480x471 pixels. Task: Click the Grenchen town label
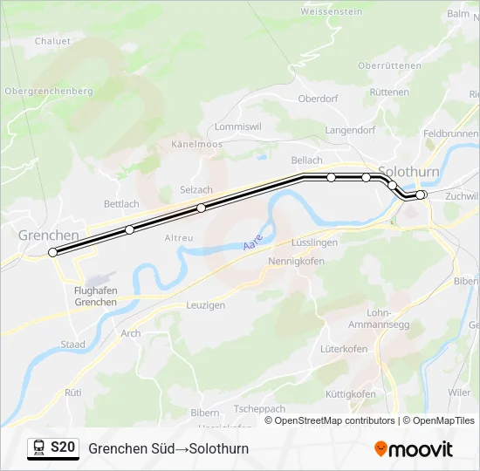(48, 235)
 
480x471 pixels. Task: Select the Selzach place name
(195, 190)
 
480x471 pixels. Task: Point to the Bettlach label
(121, 204)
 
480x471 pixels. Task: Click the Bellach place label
(306, 160)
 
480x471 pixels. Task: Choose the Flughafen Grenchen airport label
(95, 297)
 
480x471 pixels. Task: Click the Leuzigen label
(205, 305)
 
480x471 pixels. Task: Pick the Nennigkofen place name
(296, 261)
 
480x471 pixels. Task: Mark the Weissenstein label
(331, 12)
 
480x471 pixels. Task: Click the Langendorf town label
(350, 130)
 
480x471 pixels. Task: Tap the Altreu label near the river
(179, 237)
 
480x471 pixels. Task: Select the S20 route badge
(63, 447)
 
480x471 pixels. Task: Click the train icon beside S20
(39, 448)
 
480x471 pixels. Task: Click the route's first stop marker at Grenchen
(52, 252)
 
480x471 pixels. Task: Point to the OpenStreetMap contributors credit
(330, 420)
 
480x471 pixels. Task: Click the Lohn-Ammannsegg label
(390, 317)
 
